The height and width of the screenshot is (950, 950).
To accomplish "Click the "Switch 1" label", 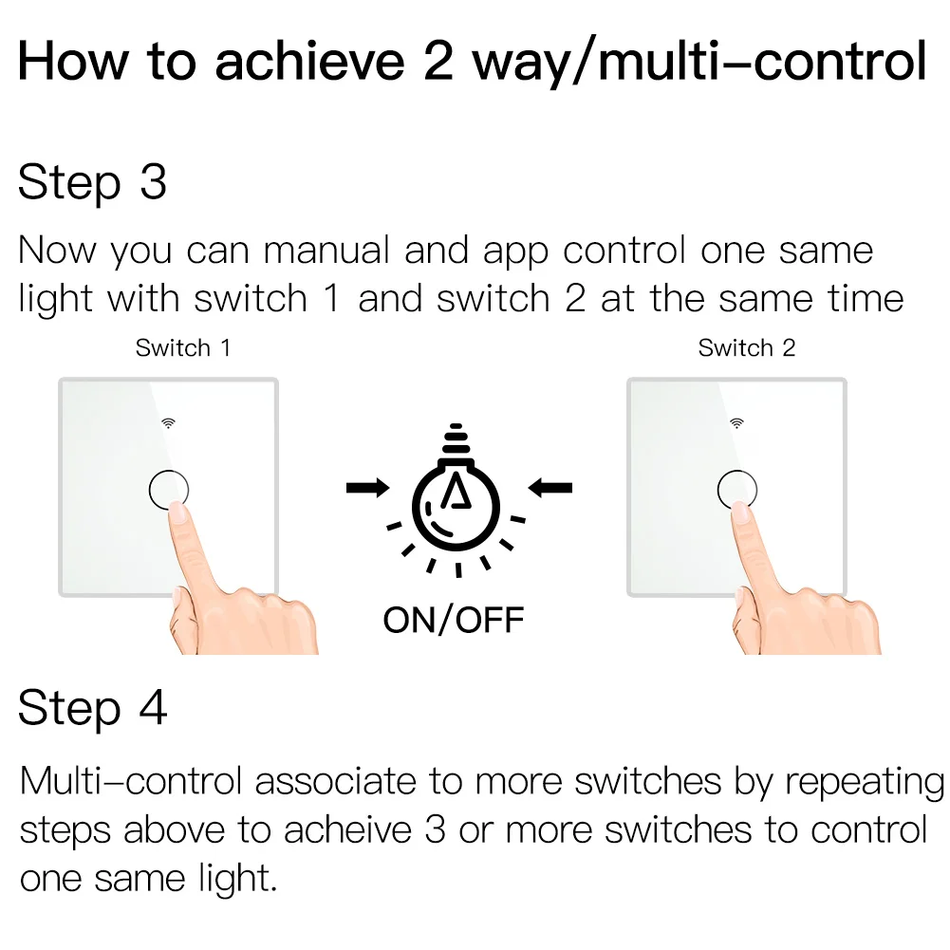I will tap(182, 348).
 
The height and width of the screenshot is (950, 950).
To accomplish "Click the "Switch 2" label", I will tap(746, 348).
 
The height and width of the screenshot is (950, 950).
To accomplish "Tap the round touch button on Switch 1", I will tap(169, 490).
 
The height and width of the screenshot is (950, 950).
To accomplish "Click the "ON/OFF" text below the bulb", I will tap(454, 620).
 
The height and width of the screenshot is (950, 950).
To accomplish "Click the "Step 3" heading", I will tap(92, 182).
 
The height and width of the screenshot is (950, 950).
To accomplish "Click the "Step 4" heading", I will tap(92, 708).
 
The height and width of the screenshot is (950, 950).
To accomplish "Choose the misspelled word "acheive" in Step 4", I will tap(349, 829).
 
